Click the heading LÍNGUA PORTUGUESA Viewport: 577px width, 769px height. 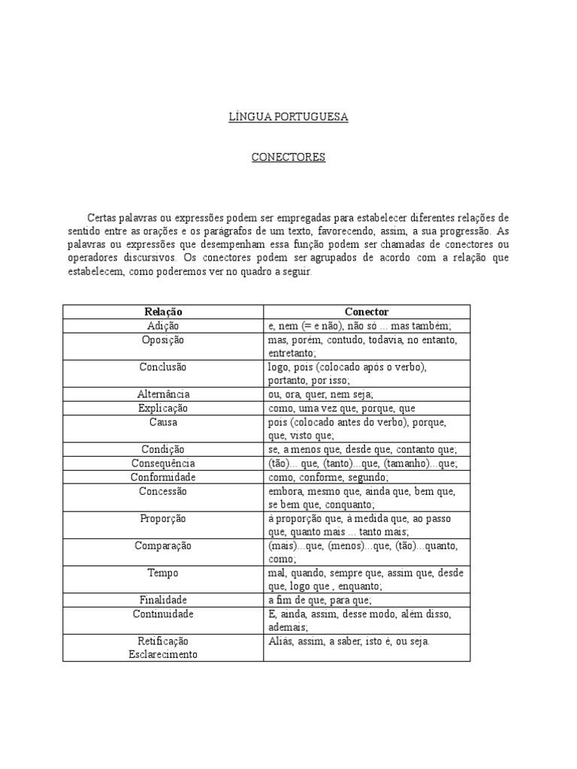(x=288, y=118)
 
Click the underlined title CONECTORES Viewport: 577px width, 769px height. (x=288, y=158)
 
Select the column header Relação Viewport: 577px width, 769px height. (x=163, y=312)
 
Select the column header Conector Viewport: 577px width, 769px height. (x=367, y=312)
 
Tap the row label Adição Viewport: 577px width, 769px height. (x=163, y=326)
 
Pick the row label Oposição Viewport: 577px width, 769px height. (x=163, y=340)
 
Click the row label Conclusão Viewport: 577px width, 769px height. (x=163, y=367)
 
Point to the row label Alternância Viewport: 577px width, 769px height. (x=163, y=394)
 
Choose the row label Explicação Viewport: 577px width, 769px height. (x=163, y=409)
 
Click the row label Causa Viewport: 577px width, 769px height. (x=163, y=423)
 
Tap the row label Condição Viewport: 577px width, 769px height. (x=163, y=450)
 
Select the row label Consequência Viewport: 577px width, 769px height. (x=163, y=463)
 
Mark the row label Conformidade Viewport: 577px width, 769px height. (x=163, y=478)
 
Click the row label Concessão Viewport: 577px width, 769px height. (x=163, y=491)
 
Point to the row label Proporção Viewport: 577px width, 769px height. (x=163, y=519)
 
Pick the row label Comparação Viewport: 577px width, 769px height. (x=163, y=546)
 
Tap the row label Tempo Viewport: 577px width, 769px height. (x=163, y=573)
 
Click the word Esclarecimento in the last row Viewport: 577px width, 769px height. (x=163, y=654)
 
